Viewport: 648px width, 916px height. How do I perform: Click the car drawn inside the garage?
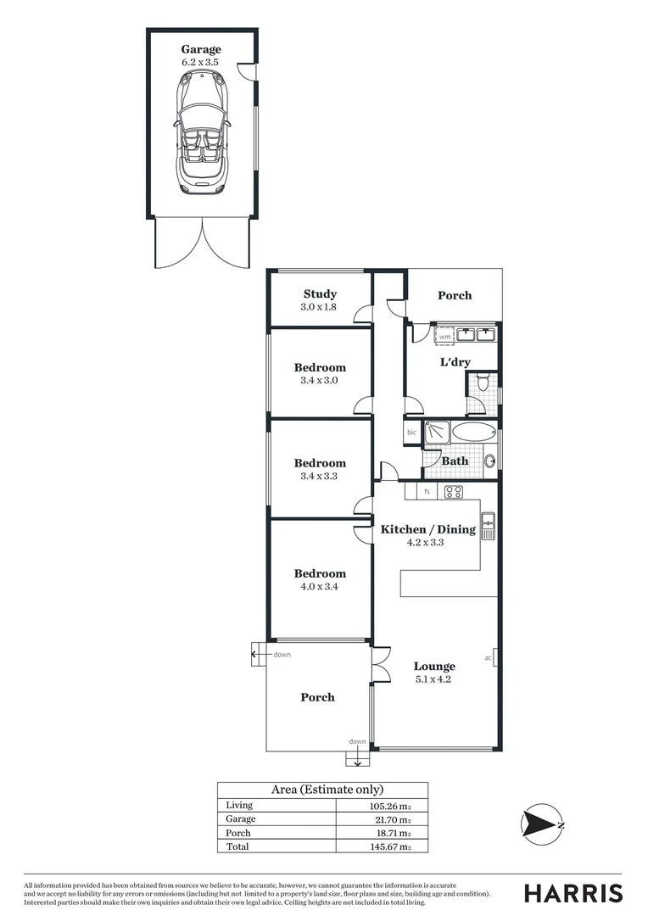(201, 131)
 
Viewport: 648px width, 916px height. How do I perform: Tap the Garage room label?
(201, 49)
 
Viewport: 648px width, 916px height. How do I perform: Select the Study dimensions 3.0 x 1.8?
(320, 307)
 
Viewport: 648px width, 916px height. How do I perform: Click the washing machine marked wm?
(444, 337)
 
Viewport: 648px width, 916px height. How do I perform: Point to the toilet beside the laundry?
(483, 383)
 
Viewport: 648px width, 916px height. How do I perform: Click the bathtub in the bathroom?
(473, 432)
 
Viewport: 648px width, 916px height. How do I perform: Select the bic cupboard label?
(412, 433)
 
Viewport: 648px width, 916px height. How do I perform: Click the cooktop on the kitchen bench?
(453, 491)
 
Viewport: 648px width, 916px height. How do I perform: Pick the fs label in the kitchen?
(427, 491)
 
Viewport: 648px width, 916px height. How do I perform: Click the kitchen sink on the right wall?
(488, 527)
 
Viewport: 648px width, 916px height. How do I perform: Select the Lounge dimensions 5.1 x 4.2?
(434, 679)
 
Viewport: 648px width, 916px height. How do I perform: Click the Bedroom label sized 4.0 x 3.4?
(320, 573)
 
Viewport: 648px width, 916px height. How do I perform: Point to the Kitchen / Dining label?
(427, 529)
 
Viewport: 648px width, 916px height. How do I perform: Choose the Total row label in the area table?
(238, 846)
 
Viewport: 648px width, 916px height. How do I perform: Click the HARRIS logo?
(573, 893)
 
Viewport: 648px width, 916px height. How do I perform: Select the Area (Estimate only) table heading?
(322, 790)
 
